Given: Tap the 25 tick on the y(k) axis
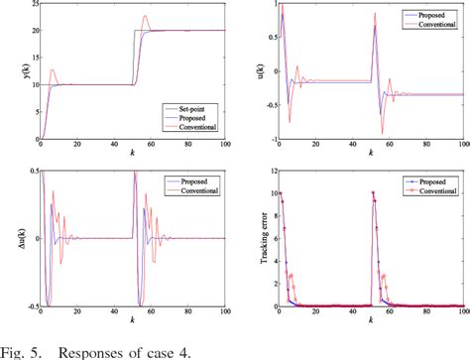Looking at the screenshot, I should pyautogui.click(x=31, y=5).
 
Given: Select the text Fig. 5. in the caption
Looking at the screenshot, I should pyautogui.click(x=24, y=348).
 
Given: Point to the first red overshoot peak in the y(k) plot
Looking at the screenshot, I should pyautogui.click(x=53, y=69).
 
